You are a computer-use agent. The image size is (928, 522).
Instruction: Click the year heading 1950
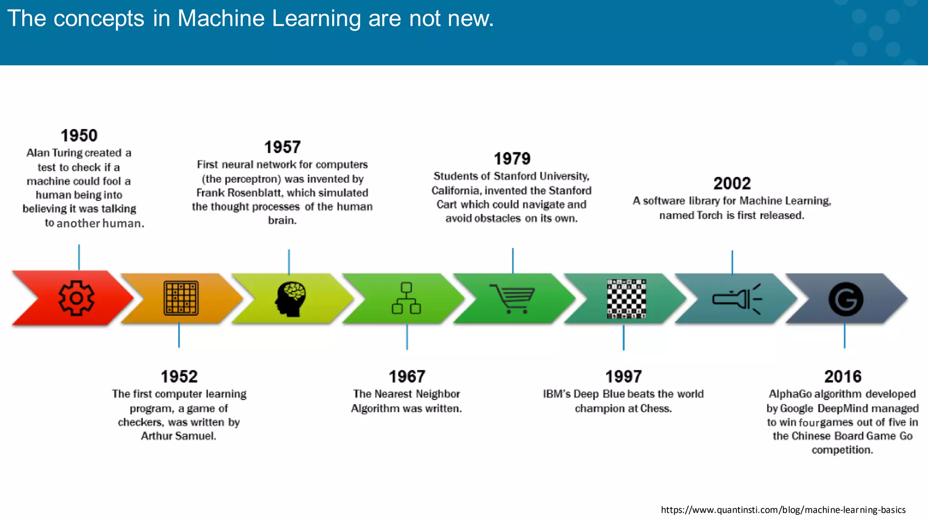(x=79, y=135)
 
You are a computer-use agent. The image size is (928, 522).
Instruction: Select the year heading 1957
(x=282, y=147)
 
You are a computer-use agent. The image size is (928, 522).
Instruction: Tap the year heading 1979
(x=512, y=159)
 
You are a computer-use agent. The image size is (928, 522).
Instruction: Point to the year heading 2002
(x=732, y=184)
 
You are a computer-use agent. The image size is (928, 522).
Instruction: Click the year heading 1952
(x=179, y=377)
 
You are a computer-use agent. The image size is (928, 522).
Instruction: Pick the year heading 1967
(x=407, y=377)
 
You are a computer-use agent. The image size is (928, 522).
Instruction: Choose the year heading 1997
(x=623, y=377)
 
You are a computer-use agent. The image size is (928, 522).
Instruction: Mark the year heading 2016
(x=843, y=377)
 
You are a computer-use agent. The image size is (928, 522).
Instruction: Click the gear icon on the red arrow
(x=77, y=298)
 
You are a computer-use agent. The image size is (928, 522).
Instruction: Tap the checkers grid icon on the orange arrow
(x=181, y=298)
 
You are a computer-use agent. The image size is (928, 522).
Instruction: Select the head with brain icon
(x=290, y=299)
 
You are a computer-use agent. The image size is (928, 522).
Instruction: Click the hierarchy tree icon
(x=406, y=298)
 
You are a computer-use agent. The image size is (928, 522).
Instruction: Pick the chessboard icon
(x=626, y=299)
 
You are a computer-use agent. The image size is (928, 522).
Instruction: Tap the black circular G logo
(x=846, y=299)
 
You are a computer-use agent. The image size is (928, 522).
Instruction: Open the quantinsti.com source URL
(x=783, y=510)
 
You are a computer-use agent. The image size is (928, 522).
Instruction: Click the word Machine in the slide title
(x=221, y=19)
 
